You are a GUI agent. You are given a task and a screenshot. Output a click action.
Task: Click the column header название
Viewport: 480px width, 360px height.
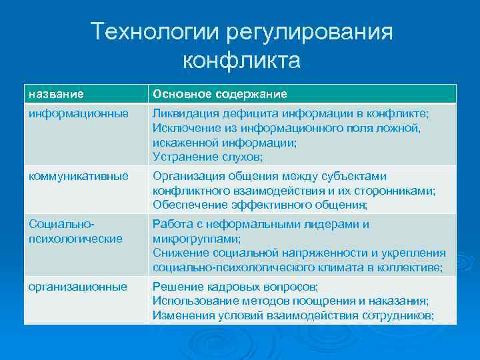click(x=56, y=94)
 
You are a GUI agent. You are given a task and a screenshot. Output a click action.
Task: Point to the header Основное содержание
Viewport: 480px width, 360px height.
click(x=220, y=94)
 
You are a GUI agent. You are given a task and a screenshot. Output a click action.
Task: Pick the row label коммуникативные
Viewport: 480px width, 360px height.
click(x=79, y=176)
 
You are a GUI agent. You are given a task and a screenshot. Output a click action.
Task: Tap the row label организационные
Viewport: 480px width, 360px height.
click(x=78, y=287)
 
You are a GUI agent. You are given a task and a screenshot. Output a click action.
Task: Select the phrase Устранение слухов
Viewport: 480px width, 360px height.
click(x=207, y=157)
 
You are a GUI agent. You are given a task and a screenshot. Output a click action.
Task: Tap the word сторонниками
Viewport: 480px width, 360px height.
click(x=397, y=191)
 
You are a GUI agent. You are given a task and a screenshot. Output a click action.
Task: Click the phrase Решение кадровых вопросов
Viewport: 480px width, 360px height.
click(x=235, y=287)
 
